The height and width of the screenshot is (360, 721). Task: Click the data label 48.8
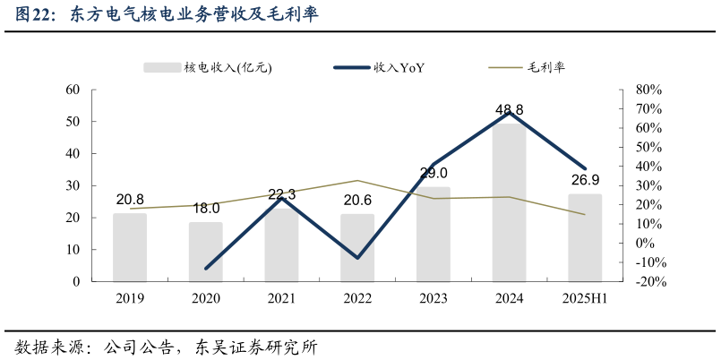510,110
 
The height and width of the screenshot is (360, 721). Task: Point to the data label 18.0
206,208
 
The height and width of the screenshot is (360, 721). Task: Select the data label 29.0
433,173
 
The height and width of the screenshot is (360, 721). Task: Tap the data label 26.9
585,180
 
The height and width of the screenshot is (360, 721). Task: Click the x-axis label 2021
281,299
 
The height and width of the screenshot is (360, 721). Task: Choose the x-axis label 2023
433,299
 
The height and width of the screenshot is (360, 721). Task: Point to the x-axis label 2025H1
585,299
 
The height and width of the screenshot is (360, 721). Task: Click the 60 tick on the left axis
73,90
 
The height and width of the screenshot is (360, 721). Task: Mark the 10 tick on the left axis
73,250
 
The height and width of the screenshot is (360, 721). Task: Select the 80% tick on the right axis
648,90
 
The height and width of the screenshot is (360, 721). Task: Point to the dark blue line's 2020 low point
206,269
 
